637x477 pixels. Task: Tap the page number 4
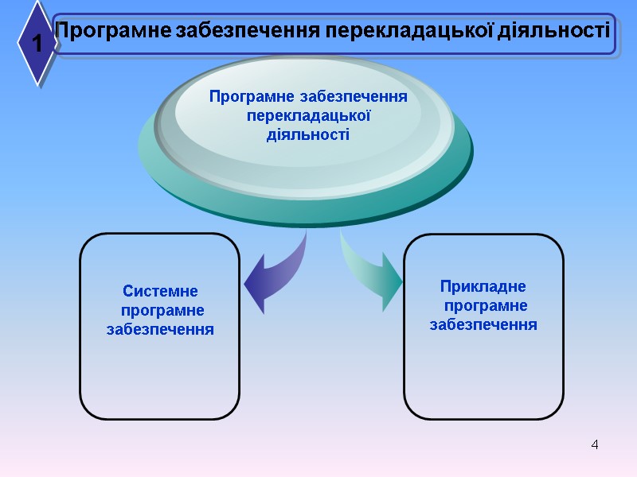(x=595, y=443)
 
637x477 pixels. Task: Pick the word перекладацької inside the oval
(x=309, y=115)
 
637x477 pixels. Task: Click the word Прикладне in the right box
(x=483, y=286)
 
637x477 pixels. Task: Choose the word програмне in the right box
(x=486, y=305)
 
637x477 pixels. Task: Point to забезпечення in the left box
(x=160, y=328)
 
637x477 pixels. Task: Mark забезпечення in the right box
(x=483, y=324)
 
